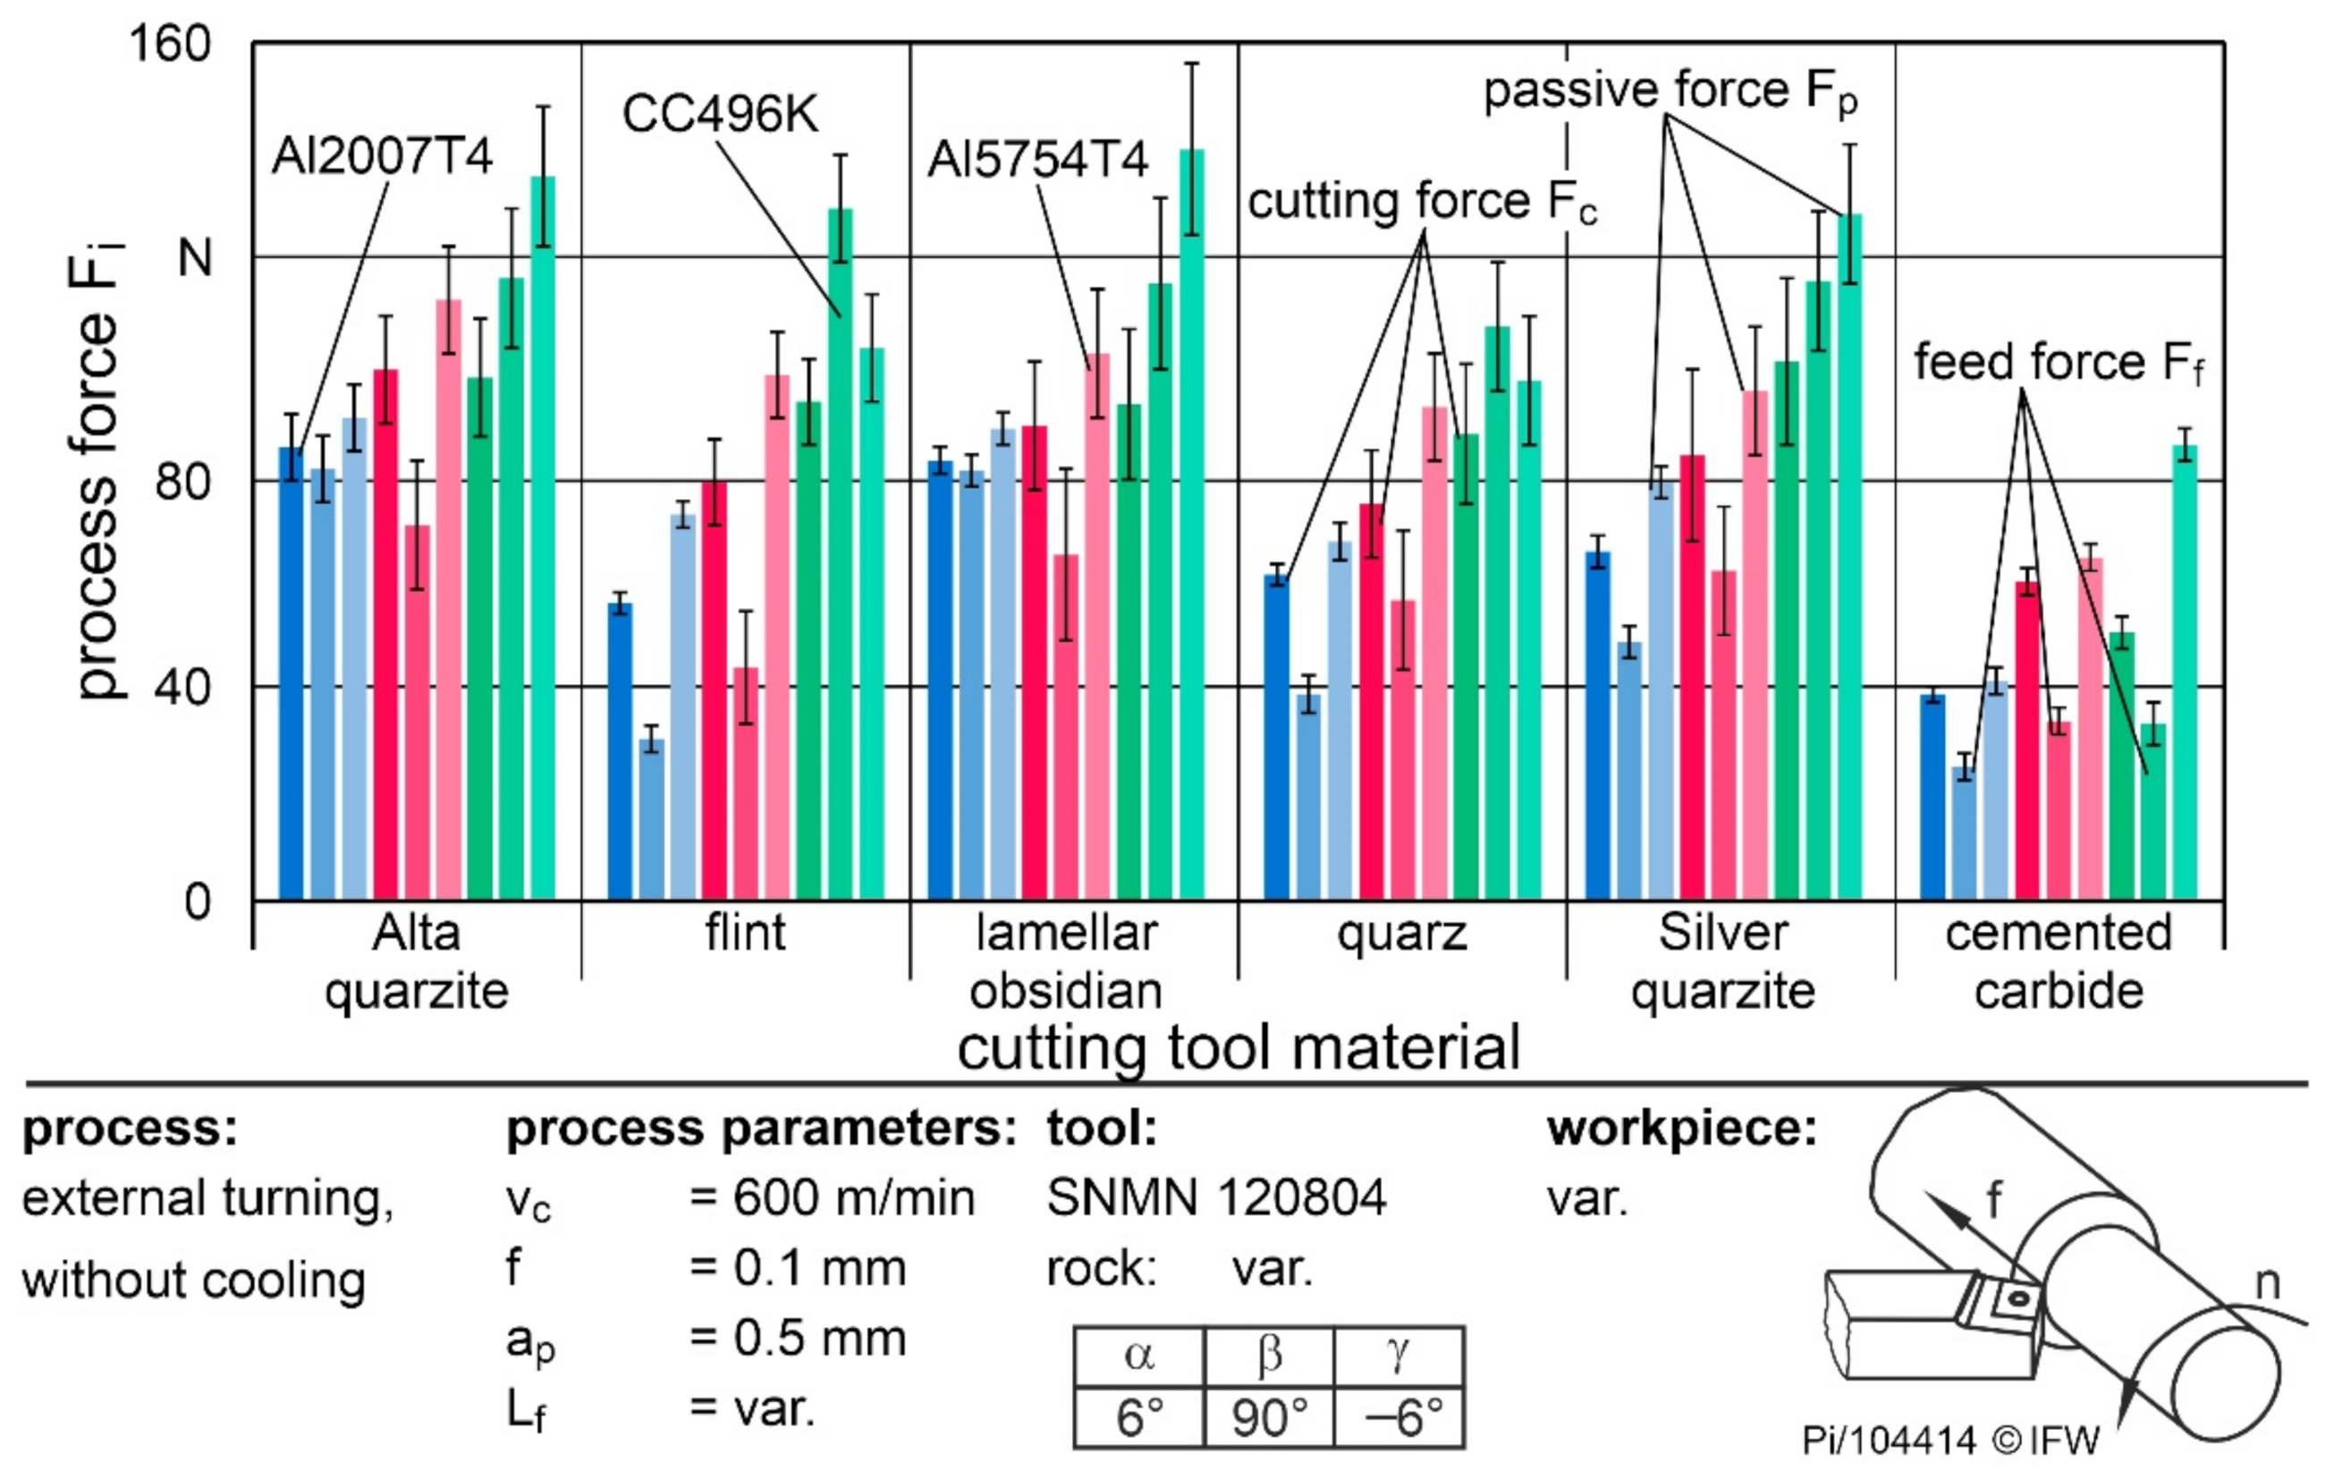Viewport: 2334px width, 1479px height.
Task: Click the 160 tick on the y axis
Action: [170, 45]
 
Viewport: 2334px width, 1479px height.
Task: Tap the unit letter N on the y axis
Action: [195, 258]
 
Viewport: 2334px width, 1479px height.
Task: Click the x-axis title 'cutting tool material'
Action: [1238, 1049]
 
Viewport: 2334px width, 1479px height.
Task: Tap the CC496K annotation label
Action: [720, 114]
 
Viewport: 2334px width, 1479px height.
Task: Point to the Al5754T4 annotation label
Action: [1037, 160]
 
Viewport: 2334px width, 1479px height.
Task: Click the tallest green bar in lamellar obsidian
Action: [1191, 523]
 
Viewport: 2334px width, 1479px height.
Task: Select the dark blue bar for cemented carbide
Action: [1932, 797]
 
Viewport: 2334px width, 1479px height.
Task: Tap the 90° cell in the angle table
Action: [1269, 1417]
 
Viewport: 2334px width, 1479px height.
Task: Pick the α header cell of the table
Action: [1139, 1356]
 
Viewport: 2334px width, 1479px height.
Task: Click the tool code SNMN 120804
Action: [1216, 1198]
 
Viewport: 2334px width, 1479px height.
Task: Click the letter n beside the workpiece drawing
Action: [2267, 1282]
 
